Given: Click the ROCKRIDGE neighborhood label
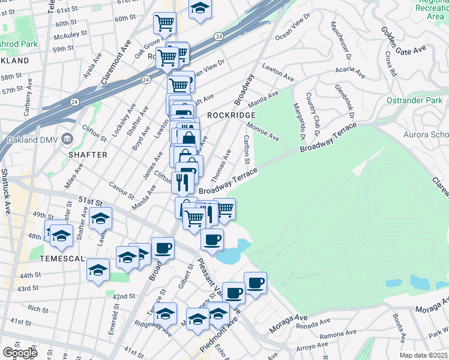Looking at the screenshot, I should tap(228, 115).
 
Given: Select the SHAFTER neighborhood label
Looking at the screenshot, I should tap(88, 155).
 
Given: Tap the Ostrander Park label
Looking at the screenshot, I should tap(414, 100).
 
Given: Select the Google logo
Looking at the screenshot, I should tap(20, 353).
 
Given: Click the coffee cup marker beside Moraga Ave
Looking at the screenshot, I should tap(255, 283).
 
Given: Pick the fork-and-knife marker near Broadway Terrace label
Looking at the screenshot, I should tap(183, 182).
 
